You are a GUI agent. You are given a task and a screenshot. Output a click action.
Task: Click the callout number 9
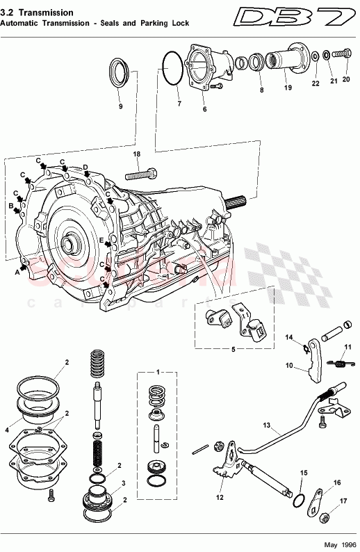coord(120,106)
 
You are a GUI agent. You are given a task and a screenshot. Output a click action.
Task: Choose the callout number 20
coord(346,79)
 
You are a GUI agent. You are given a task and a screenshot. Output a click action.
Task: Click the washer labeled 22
coord(316,56)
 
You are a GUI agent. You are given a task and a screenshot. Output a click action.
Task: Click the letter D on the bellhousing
coord(85,167)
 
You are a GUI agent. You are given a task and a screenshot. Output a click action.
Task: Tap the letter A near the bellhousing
coord(16,273)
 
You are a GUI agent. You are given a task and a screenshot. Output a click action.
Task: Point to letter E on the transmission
coord(101,241)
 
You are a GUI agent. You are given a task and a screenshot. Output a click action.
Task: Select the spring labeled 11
coord(338,362)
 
